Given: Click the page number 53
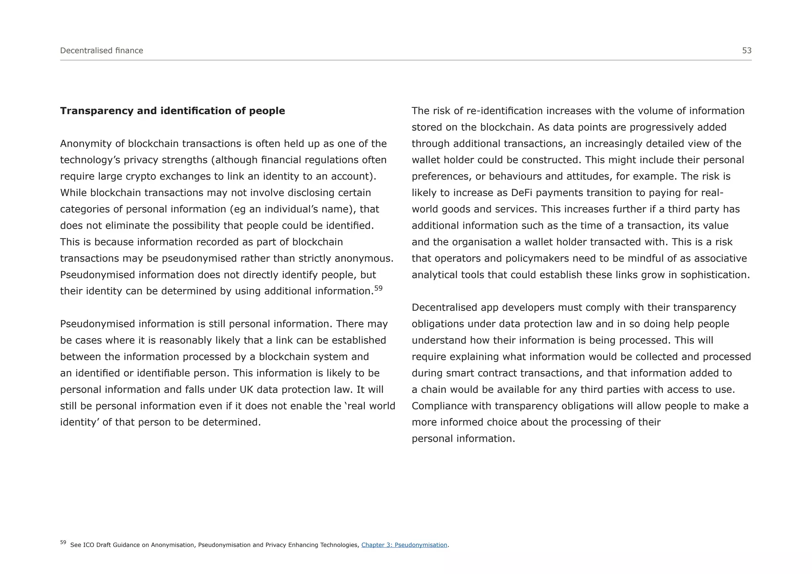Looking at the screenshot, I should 747,50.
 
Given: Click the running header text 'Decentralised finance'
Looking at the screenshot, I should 101,50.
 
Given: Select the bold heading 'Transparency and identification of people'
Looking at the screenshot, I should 172,111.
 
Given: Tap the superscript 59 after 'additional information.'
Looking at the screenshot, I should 378,288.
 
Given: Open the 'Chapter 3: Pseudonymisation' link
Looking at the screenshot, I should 404,545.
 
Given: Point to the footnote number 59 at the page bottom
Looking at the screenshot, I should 63,542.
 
